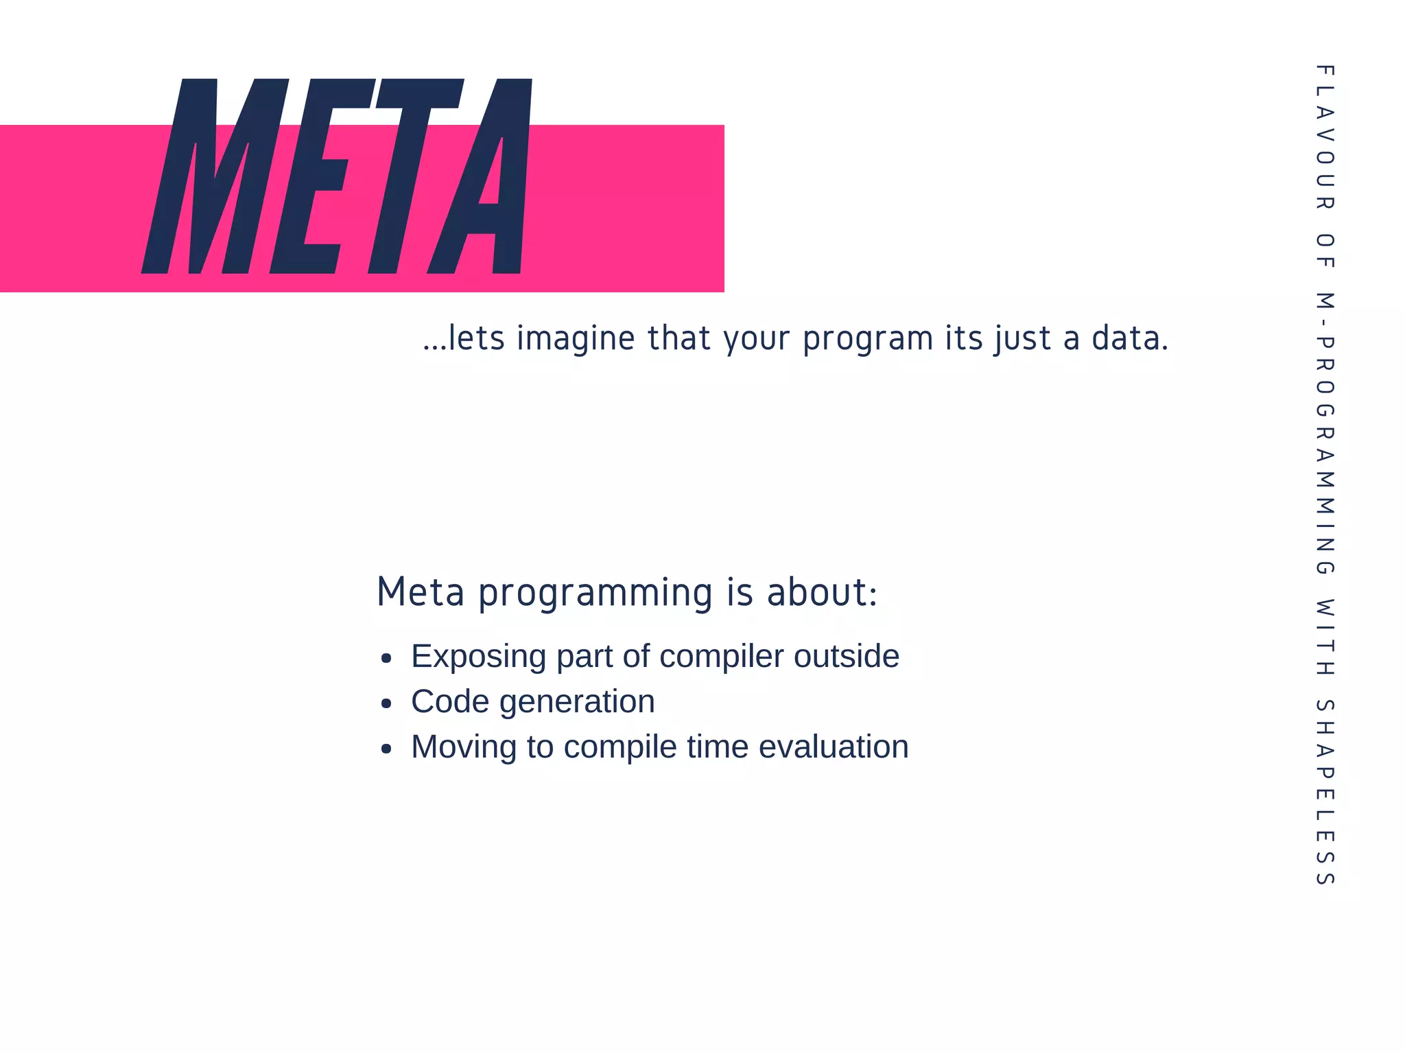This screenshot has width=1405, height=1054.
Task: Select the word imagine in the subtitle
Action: click(x=576, y=339)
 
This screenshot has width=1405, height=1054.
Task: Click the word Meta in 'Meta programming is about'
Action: click(x=421, y=592)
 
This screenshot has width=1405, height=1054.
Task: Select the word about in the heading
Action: click(x=821, y=592)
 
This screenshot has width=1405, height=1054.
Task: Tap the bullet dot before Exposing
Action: click(x=386, y=659)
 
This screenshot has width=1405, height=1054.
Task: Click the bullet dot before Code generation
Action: click(x=386, y=703)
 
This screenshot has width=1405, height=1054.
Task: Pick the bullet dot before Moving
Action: click(x=386, y=749)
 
